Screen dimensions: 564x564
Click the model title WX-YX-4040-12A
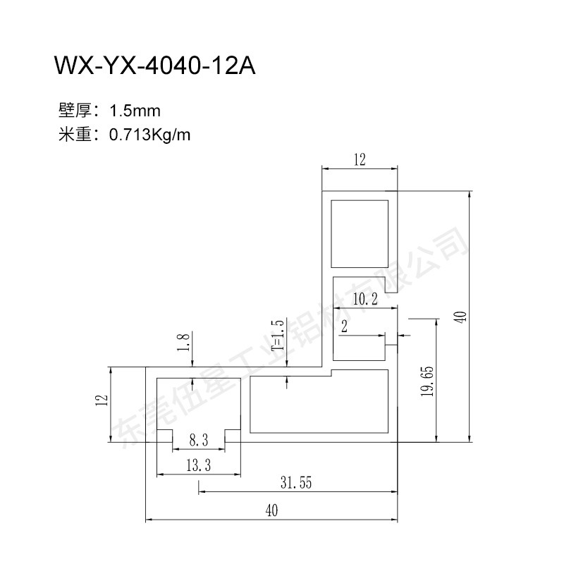coord(154,66)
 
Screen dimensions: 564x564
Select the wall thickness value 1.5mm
coord(135,111)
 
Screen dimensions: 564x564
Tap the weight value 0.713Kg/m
coord(149,135)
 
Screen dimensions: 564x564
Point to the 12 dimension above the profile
coord(360,159)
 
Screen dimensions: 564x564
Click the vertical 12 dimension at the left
coord(102,400)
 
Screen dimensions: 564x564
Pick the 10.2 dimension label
coord(365,299)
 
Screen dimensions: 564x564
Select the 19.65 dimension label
coord(427,381)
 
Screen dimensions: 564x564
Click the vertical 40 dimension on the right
coord(460,317)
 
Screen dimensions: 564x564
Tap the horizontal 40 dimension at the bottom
coord(271,510)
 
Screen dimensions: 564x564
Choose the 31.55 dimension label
coord(296,483)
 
